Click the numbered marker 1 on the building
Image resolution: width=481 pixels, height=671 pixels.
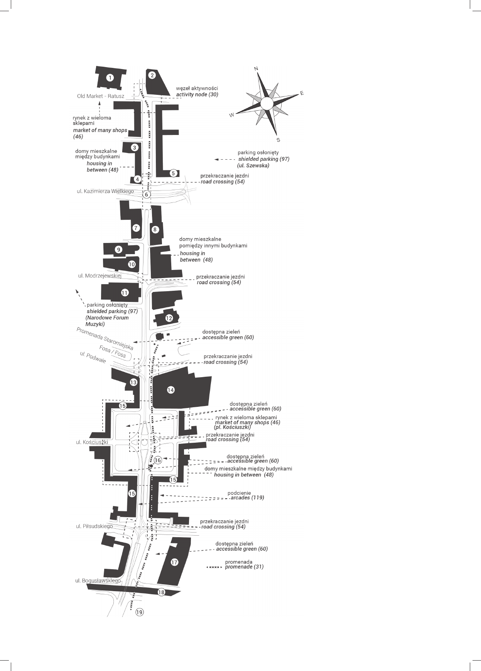click(x=110, y=78)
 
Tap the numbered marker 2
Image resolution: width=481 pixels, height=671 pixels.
click(x=152, y=75)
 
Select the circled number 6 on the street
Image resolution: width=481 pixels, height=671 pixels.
click(x=146, y=195)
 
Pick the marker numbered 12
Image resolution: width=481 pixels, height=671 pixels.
click(x=169, y=318)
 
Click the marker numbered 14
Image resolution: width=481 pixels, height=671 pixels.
click(x=170, y=390)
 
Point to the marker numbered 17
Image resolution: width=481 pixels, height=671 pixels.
click(x=174, y=562)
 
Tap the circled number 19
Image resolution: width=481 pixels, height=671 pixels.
click(x=139, y=612)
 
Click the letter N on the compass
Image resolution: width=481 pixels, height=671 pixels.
click(x=257, y=69)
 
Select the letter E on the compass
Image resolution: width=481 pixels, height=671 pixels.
click(x=302, y=93)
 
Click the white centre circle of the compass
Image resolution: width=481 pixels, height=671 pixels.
click(x=267, y=103)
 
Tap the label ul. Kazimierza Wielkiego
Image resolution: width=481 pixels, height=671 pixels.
click(x=105, y=191)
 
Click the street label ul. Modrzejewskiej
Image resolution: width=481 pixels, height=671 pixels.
click(x=100, y=276)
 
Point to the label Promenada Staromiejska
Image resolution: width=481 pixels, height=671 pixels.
click(x=105, y=339)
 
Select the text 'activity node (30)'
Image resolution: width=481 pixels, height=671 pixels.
click(x=197, y=94)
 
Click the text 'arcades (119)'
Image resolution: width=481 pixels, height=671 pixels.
click(x=247, y=498)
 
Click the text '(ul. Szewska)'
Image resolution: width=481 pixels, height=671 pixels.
click(x=253, y=165)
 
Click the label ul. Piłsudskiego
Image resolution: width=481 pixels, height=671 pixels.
click(x=95, y=526)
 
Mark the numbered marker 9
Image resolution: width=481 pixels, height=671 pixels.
click(x=119, y=250)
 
